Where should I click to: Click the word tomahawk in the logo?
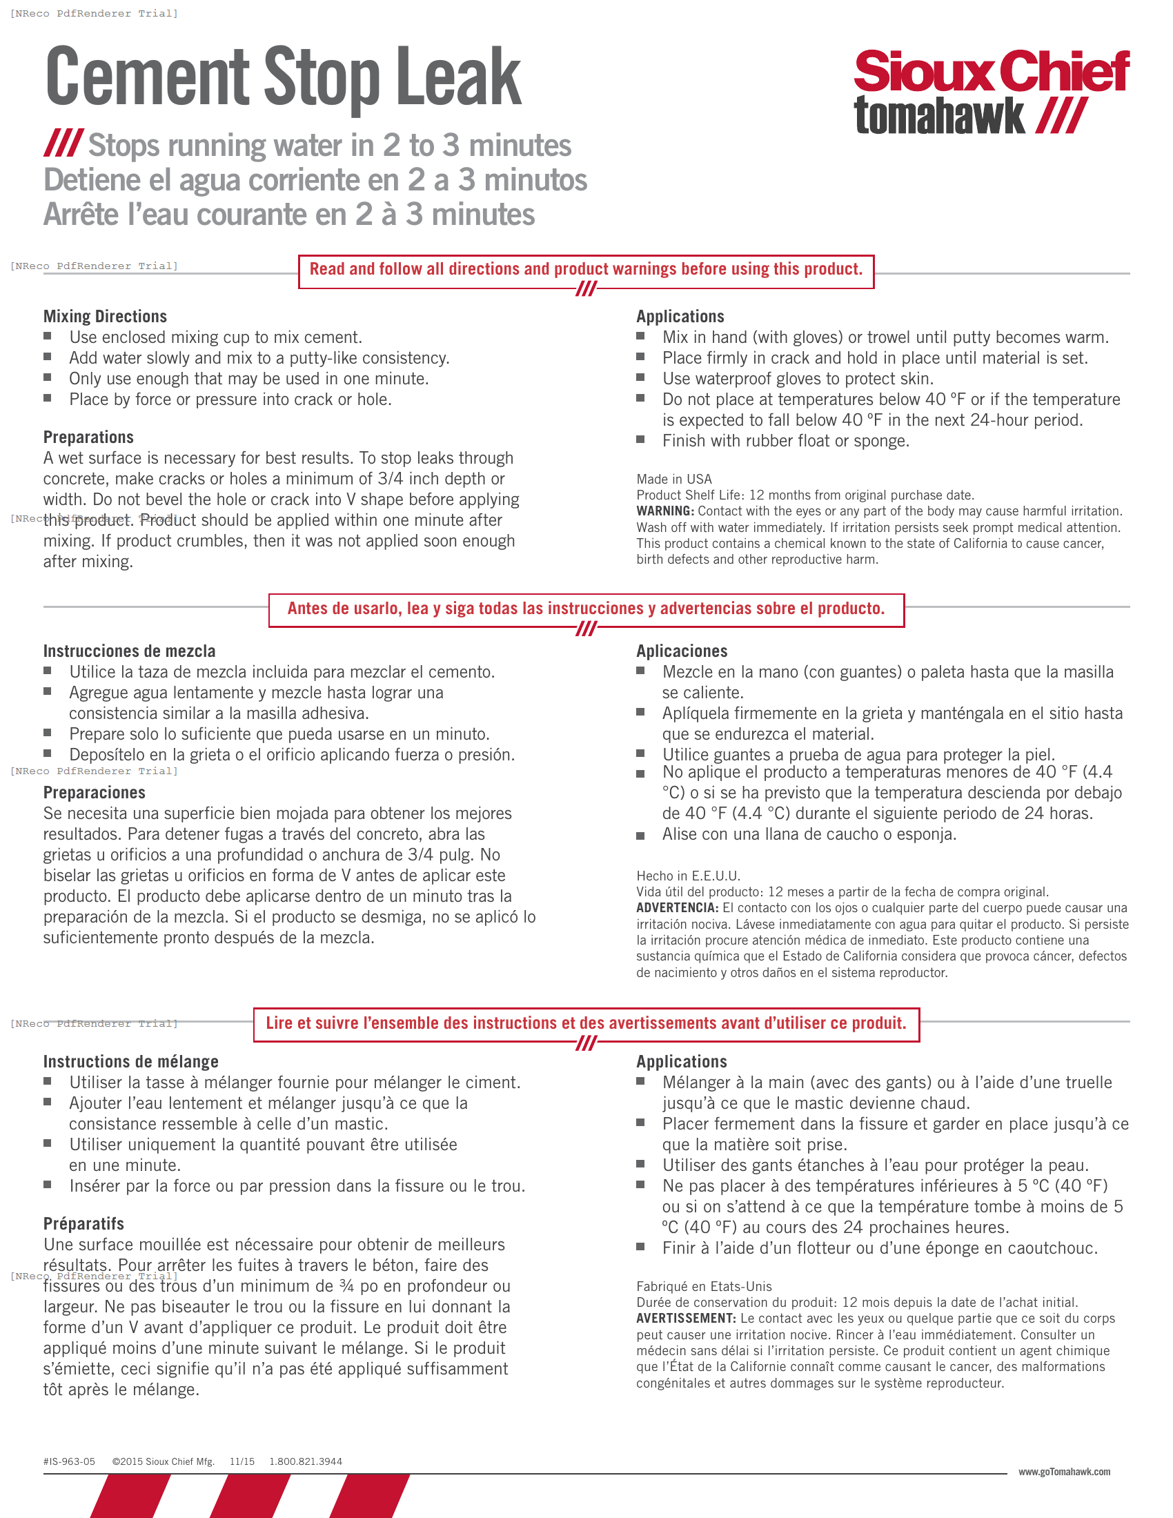click(939, 116)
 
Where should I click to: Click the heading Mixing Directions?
click(105, 317)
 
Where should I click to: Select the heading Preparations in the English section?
click(88, 437)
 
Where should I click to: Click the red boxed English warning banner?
click(586, 270)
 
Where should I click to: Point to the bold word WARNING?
click(664, 511)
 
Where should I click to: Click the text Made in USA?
click(673, 479)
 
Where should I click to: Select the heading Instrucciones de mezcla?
click(129, 651)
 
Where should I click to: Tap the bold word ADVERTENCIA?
click(677, 908)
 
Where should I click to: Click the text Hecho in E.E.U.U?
click(688, 876)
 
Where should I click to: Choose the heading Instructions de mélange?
click(130, 1061)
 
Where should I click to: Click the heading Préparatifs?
click(83, 1223)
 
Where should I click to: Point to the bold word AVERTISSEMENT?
click(685, 1319)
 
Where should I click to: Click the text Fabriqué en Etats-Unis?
click(703, 1287)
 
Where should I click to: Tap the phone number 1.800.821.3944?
click(306, 1461)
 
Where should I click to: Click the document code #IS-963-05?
click(69, 1461)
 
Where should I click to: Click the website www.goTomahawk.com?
click(1064, 1472)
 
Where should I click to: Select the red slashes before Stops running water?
click(64, 144)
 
